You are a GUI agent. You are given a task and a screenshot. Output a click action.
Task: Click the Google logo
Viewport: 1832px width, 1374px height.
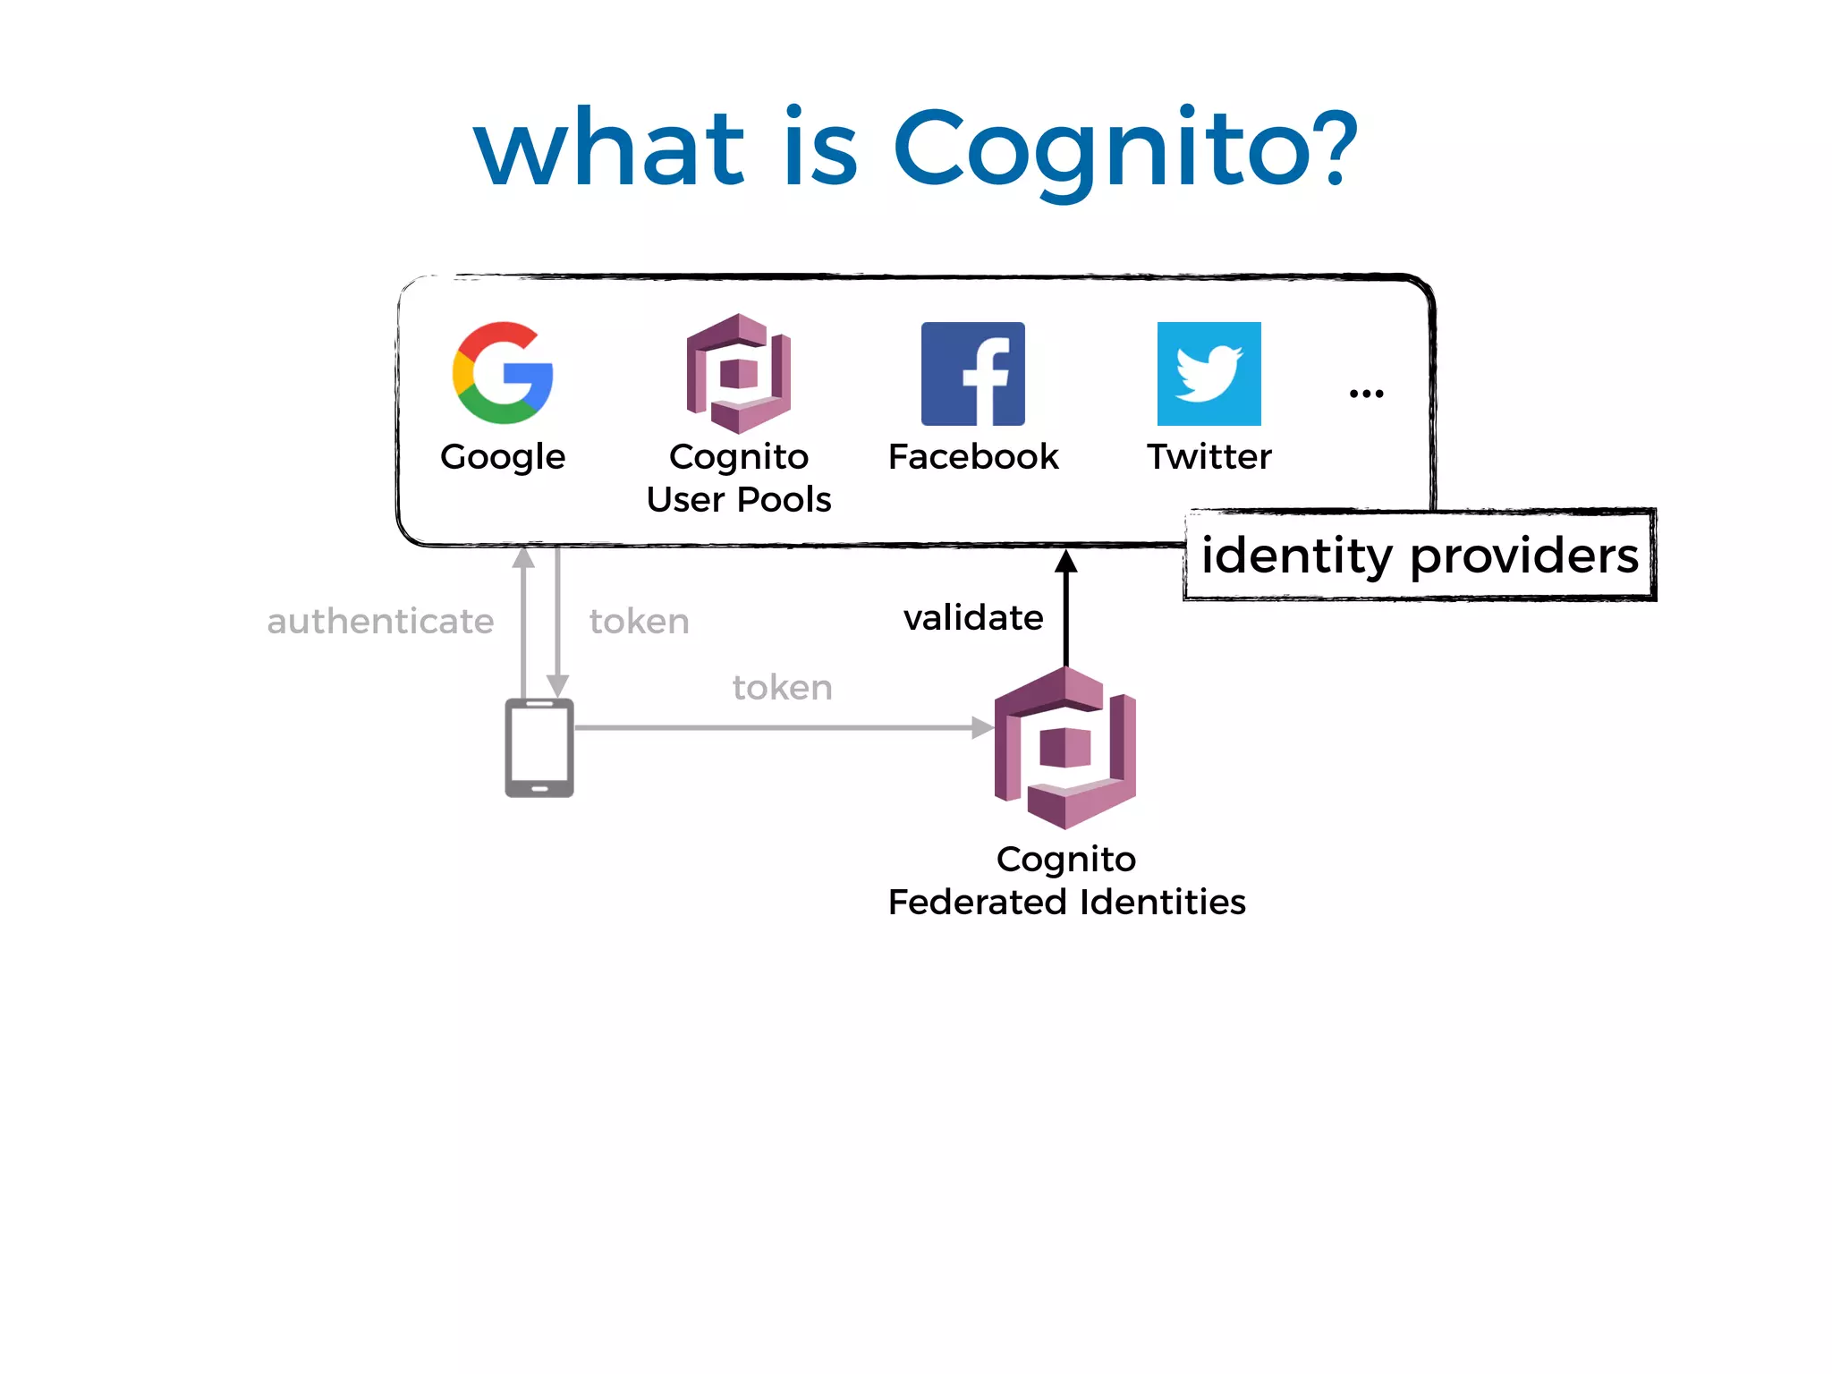click(x=503, y=372)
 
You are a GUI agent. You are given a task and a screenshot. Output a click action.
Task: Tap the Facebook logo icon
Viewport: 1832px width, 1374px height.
click(x=972, y=373)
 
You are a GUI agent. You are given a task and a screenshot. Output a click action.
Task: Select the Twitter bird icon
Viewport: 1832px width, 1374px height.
click(x=1209, y=373)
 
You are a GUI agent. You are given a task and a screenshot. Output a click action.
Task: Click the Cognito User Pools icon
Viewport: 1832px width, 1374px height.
click(x=739, y=373)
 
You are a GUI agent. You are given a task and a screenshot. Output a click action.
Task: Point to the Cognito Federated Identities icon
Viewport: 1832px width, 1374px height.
click(x=1064, y=748)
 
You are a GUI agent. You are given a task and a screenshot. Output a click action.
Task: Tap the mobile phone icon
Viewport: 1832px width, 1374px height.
click(x=539, y=748)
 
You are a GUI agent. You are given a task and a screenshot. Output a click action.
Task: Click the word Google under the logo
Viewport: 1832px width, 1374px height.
click(x=503, y=457)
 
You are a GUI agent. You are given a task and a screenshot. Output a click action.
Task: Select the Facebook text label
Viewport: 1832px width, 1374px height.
click(x=972, y=457)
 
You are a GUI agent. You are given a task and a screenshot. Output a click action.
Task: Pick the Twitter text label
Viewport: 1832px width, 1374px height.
click(x=1209, y=457)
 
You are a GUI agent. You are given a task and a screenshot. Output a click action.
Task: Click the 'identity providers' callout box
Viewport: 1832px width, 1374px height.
click(x=1420, y=555)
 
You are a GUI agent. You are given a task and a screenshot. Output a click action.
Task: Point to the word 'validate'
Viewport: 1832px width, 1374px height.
click(x=972, y=618)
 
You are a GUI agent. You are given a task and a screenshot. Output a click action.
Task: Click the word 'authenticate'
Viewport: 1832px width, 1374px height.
click(x=380, y=622)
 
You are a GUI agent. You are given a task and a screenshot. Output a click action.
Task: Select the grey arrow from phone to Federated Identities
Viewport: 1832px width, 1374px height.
click(x=778, y=728)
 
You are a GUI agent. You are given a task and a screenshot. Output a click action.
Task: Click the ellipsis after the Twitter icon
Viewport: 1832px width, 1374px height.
click(x=1366, y=394)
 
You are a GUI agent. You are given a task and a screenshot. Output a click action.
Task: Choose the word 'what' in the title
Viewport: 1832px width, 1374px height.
click(x=609, y=148)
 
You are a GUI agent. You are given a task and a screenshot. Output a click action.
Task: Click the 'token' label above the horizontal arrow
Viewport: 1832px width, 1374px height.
click(x=782, y=688)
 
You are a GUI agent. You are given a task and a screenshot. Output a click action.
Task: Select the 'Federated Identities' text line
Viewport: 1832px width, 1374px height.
click(x=1066, y=902)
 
